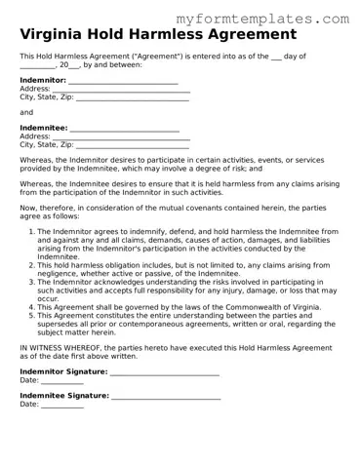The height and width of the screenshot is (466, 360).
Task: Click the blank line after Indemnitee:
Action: (124, 130)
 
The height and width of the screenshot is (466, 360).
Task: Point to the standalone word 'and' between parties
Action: (26, 112)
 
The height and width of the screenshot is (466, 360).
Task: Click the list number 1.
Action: (31, 232)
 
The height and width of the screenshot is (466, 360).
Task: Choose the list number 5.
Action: (31, 316)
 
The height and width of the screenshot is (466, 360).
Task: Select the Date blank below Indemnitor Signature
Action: (62, 382)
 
